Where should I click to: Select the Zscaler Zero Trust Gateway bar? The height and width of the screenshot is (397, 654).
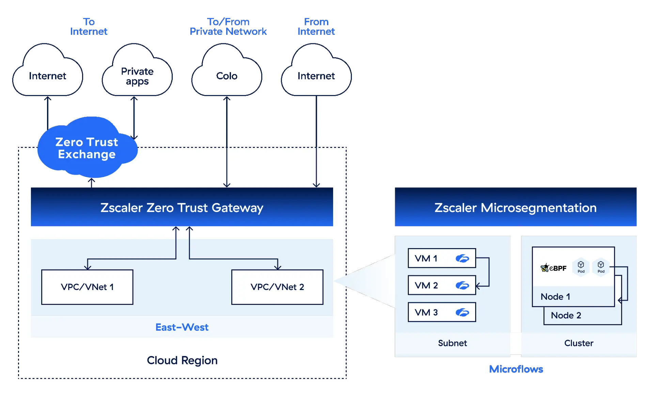[182, 207]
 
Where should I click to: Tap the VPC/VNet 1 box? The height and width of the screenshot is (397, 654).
[87, 287]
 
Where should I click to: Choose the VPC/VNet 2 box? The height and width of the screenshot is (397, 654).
[277, 287]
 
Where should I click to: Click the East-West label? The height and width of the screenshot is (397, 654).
[182, 327]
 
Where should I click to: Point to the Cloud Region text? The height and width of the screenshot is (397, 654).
[182, 360]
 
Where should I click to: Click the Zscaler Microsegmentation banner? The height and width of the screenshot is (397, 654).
[515, 207]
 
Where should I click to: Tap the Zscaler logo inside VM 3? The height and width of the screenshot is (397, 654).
[462, 312]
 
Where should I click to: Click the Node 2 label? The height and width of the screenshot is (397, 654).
[566, 316]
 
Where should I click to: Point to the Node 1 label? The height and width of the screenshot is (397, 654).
[555, 297]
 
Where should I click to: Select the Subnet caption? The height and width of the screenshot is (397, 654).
[452, 343]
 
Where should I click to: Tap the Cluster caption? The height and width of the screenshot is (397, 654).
[578, 343]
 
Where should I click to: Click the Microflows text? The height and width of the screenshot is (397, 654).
[516, 369]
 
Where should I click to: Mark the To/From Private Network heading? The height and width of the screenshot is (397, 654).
[228, 27]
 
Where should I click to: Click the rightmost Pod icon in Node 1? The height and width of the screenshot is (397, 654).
[601, 266]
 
